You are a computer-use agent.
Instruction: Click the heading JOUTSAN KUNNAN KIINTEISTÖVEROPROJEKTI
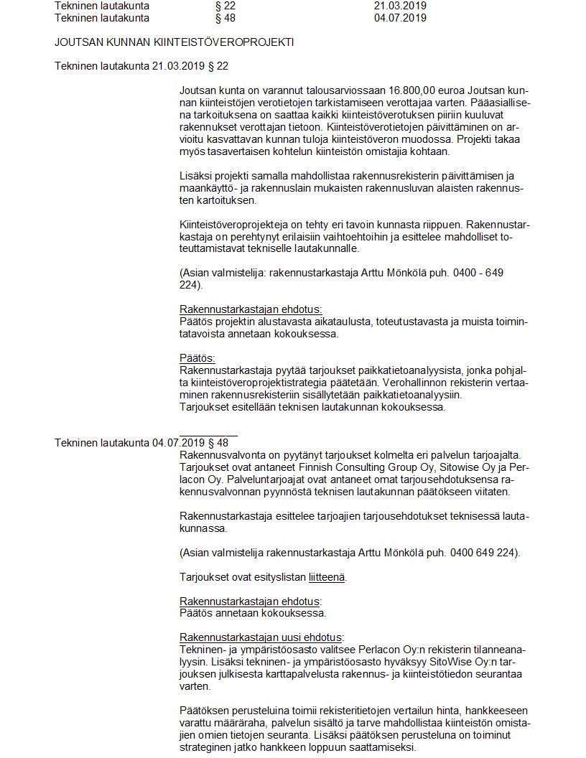174,42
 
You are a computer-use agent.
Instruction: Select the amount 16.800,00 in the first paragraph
417,92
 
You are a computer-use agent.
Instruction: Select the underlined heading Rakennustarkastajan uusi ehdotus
261,637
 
